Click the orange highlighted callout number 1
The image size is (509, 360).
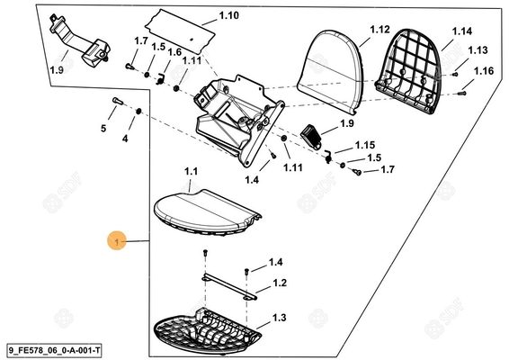tap(117, 241)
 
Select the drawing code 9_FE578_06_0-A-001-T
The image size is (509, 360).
tap(54, 351)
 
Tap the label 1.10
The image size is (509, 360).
tap(228, 15)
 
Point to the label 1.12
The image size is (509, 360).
tap(380, 30)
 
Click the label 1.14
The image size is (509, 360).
tap(462, 31)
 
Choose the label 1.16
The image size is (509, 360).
tap(484, 71)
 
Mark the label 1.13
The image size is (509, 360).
tap(478, 50)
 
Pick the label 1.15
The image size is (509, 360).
tap(365, 145)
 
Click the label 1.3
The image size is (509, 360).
tap(279, 317)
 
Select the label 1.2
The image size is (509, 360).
tap(280, 283)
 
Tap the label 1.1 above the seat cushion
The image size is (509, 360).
tap(191, 171)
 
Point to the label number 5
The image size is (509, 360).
tap(103, 129)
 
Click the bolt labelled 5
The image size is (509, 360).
tap(118, 101)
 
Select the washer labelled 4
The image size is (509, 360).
tap(138, 111)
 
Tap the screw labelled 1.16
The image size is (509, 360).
tap(461, 94)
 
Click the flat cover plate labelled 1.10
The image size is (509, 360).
tap(180, 31)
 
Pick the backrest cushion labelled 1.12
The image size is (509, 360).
tap(331, 72)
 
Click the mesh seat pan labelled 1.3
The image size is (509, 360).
tap(208, 332)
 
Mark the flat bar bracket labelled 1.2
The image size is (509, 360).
tap(229, 286)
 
